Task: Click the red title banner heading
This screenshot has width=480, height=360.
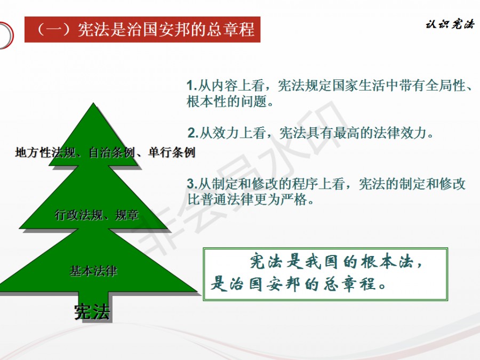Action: click(x=142, y=29)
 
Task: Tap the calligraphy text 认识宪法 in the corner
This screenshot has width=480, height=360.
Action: click(x=450, y=24)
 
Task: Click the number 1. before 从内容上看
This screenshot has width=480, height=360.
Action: click(x=191, y=85)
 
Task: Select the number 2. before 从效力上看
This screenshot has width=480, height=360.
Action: click(x=193, y=133)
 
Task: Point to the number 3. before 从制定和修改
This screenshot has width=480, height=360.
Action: click(x=192, y=184)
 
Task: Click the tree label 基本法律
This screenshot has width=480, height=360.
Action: click(x=93, y=271)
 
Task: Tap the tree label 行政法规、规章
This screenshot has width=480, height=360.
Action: click(x=97, y=215)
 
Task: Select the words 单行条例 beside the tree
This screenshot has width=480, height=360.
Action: click(x=171, y=152)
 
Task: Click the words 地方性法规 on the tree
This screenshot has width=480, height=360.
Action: click(x=45, y=152)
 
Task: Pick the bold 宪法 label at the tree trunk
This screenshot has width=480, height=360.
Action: click(x=92, y=312)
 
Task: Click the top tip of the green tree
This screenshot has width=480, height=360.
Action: click(x=93, y=103)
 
